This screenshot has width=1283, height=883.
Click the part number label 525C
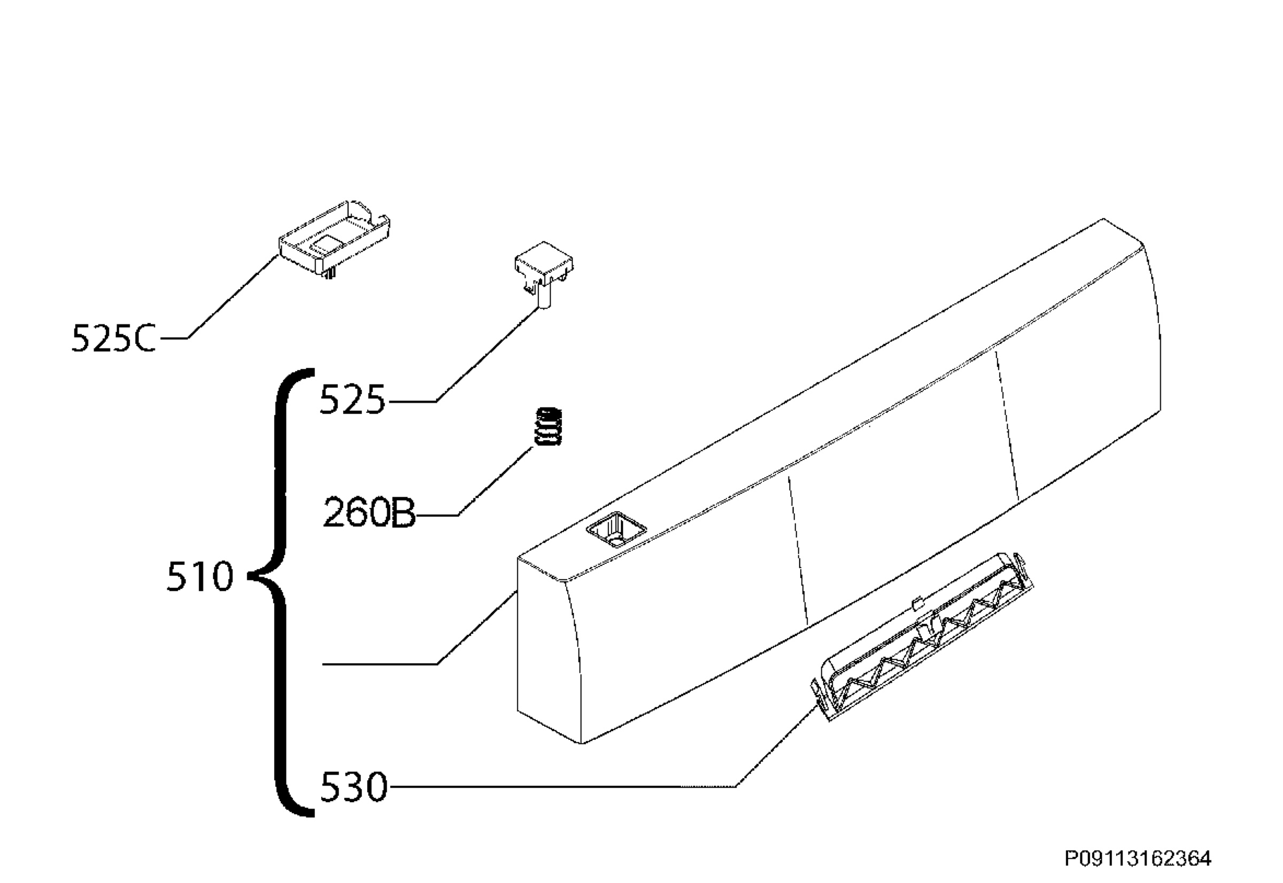113,339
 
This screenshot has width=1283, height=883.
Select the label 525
352,400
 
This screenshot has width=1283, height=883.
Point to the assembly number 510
199,577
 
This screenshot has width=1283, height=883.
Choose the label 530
353,787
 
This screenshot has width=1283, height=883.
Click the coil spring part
547,426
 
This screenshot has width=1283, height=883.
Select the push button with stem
544,274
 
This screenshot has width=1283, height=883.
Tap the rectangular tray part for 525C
335,239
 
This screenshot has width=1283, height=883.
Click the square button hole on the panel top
616,529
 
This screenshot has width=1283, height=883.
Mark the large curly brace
282,592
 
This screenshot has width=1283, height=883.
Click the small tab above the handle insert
917,603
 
